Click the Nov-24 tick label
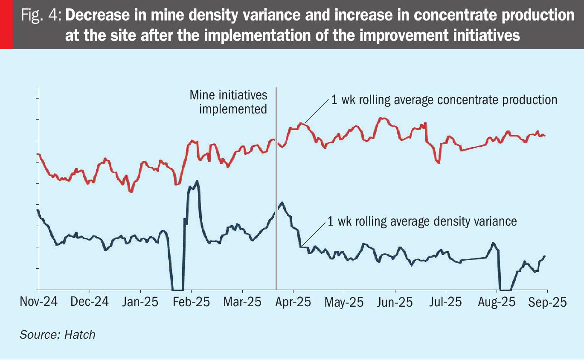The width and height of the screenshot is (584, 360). (x=39, y=302)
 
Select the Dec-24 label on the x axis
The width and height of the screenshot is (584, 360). (x=90, y=302)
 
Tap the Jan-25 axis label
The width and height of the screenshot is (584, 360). (x=140, y=302)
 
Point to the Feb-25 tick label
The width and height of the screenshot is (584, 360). (x=192, y=302)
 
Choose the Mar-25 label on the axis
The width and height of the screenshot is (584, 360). (x=242, y=302)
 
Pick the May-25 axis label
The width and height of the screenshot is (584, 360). (x=344, y=302)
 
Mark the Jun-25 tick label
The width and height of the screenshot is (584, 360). (x=395, y=302)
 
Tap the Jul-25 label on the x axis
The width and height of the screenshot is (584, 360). (x=445, y=302)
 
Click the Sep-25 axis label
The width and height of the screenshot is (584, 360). (x=548, y=302)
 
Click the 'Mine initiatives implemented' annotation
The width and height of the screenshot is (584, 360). (x=229, y=102)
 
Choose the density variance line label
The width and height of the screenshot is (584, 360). (x=422, y=221)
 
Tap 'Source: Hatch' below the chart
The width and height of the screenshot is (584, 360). (x=58, y=334)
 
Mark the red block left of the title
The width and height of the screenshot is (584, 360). (x=6, y=24)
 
